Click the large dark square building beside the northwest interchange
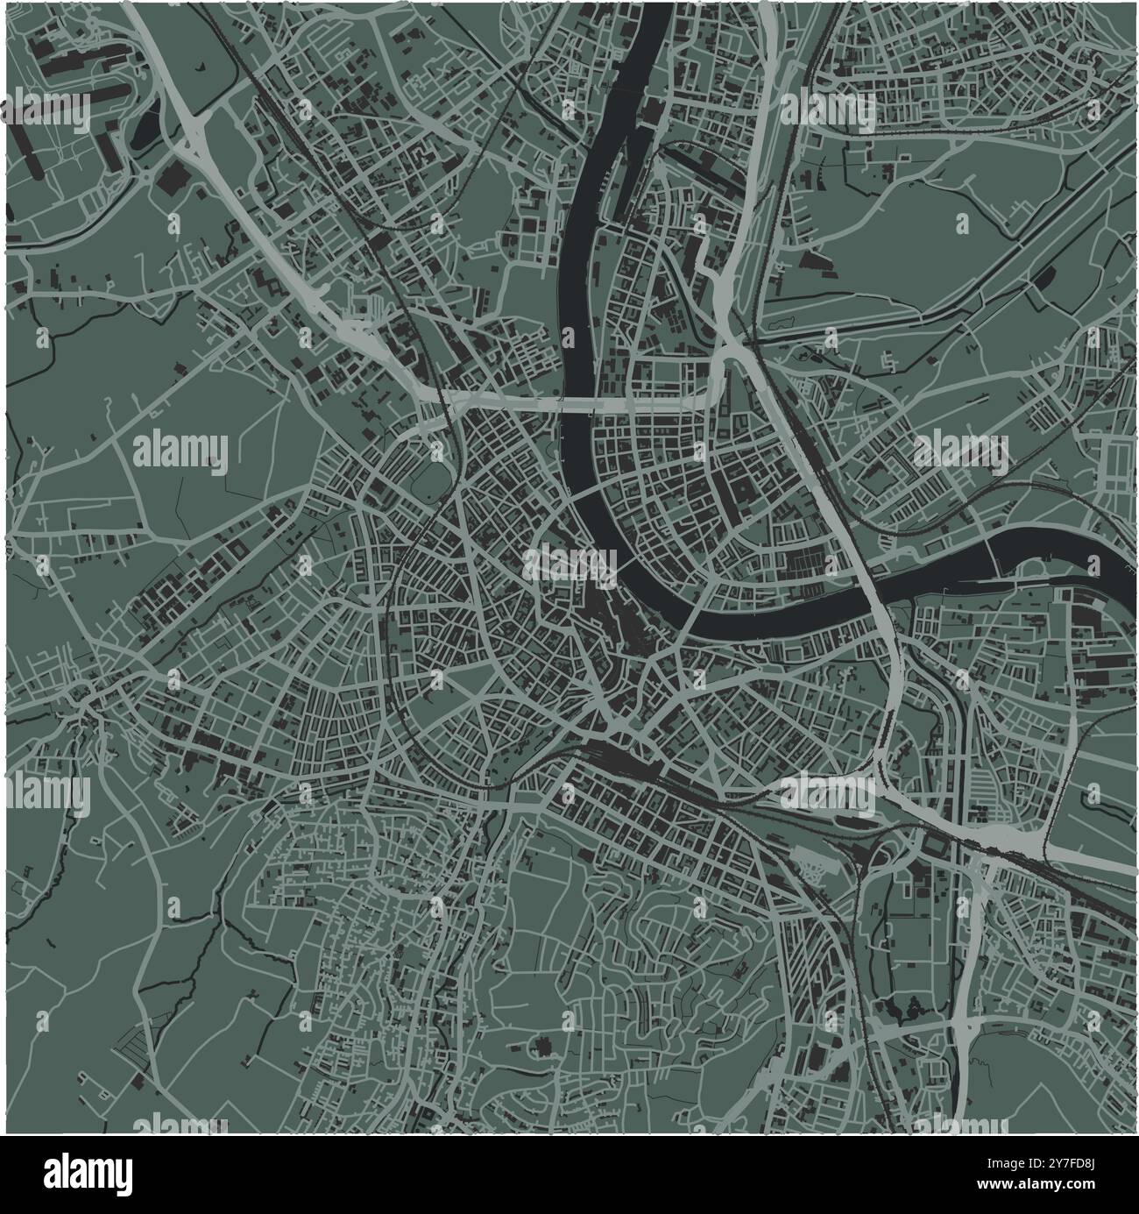tap(172, 179)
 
